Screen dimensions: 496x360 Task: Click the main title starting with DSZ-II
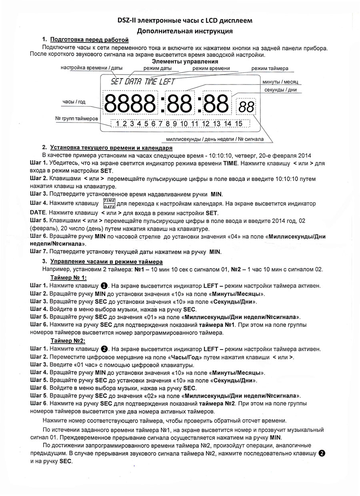(184, 20)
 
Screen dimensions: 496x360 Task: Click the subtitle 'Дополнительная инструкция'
(184, 31)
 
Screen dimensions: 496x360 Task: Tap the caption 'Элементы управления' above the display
(185, 62)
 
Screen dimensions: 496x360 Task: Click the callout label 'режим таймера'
(270, 68)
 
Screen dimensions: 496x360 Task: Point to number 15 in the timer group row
(238, 124)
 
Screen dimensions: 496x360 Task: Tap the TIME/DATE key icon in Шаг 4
(109, 203)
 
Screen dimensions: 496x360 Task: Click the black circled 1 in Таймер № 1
(104, 286)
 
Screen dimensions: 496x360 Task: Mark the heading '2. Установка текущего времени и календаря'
(107, 148)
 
